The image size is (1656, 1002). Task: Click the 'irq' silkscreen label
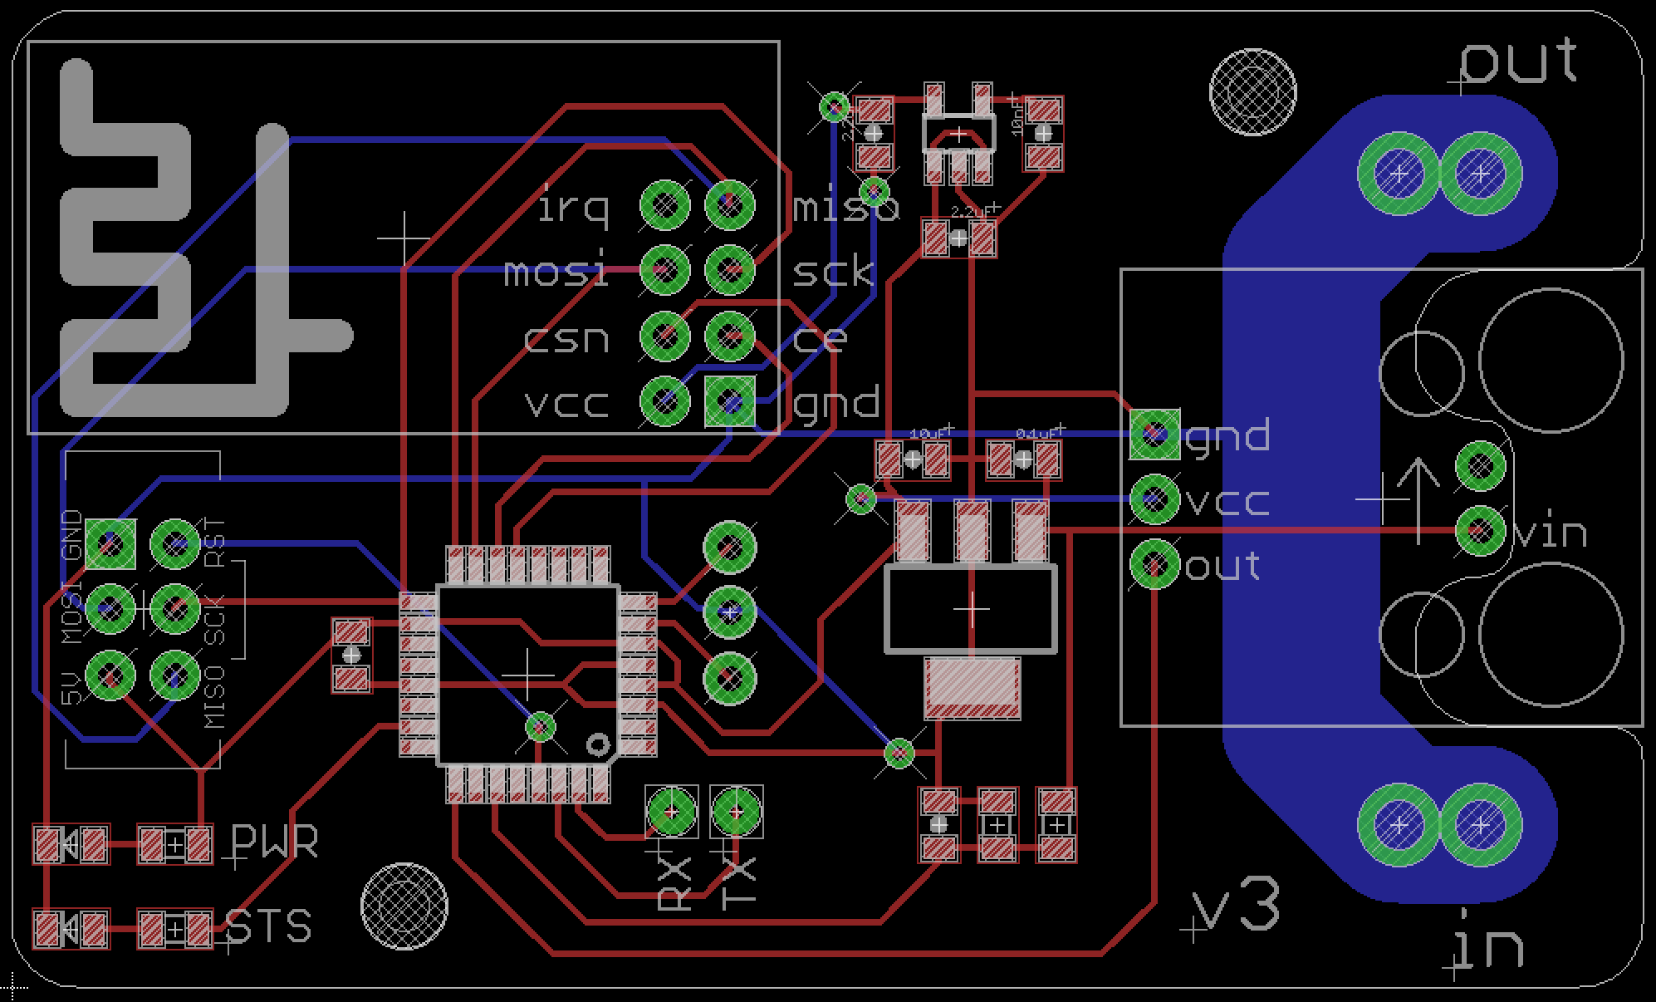click(573, 206)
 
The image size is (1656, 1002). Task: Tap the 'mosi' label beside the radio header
click(556, 272)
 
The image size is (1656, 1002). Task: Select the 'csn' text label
click(567, 338)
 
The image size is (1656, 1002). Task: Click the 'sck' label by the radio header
click(833, 272)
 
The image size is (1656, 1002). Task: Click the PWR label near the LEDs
click(274, 842)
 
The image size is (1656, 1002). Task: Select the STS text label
click(268, 926)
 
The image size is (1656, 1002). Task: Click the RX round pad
click(671, 811)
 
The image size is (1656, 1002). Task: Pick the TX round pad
click(737, 811)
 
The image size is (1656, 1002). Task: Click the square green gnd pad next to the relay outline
click(1154, 434)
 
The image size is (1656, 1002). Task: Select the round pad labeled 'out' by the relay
click(1154, 564)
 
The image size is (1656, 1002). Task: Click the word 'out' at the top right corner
click(1518, 62)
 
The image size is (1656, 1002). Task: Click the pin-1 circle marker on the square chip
click(596, 744)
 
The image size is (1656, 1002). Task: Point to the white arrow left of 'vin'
click(1418, 499)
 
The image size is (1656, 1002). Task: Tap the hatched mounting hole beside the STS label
click(404, 906)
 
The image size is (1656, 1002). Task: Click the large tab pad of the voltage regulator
click(972, 687)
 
